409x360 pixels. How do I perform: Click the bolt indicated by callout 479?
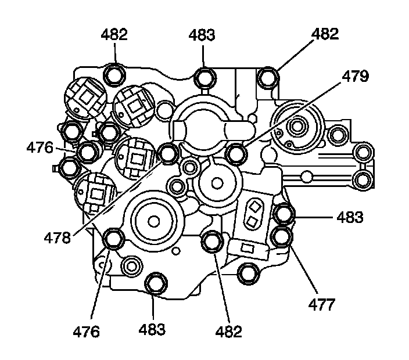tap(236, 154)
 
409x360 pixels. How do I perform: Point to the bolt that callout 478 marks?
tap(169, 153)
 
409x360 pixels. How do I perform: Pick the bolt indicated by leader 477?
tap(282, 236)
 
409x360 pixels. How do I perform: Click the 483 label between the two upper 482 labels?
tap(202, 35)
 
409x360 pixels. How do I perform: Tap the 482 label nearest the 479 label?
tap(325, 34)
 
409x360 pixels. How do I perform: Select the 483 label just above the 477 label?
tap(350, 218)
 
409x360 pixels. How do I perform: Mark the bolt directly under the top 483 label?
tap(204, 77)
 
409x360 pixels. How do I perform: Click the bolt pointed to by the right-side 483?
tap(284, 214)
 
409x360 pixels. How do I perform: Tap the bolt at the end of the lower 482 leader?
tap(212, 241)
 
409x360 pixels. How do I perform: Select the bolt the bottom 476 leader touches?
tap(113, 239)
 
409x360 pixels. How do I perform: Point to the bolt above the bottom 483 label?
tap(155, 283)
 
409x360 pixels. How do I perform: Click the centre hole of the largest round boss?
tap(153, 221)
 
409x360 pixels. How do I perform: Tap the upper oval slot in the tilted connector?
tap(254, 206)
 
